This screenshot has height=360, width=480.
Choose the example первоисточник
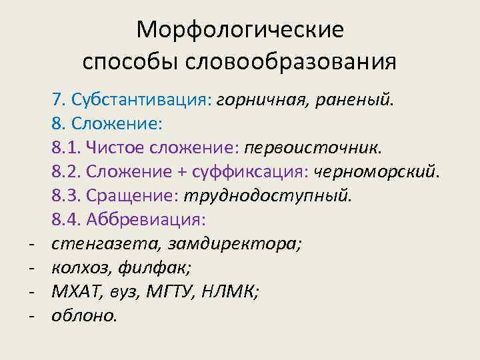(313, 147)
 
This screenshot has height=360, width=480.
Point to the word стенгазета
(103, 244)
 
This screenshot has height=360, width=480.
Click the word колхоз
(81, 268)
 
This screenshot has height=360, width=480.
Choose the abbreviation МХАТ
(77, 292)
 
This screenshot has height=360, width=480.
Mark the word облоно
(84, 316)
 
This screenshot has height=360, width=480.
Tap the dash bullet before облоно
(31, 316)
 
